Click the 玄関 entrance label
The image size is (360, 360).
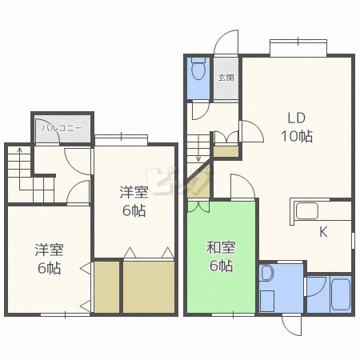(226, 78)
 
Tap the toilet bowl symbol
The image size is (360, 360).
(198, 69)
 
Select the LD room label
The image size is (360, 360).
(297, 118)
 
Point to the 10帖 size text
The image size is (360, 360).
(297, 136)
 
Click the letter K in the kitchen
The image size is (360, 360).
(323, 232)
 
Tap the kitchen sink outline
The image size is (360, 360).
(307, 211)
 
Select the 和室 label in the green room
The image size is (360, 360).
(221, 247)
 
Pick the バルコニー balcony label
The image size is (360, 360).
(62, 128)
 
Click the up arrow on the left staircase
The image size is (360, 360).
(19, 169)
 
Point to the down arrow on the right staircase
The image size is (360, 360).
(198, 148)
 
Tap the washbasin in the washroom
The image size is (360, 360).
(267, 273)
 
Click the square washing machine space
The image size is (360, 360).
(267, 301)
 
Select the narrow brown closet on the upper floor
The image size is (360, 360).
(106, 287)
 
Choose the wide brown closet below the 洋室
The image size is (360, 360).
(149, 287)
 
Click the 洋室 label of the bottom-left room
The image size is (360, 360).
(49, 250)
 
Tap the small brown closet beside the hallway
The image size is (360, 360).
(226, 151)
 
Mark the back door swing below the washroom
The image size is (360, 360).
(292, 325)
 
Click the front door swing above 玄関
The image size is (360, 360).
(226, 42)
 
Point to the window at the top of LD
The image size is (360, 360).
(298, 48)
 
